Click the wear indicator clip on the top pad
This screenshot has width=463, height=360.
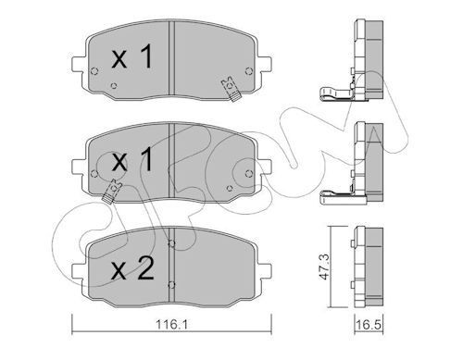(226, 90)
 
